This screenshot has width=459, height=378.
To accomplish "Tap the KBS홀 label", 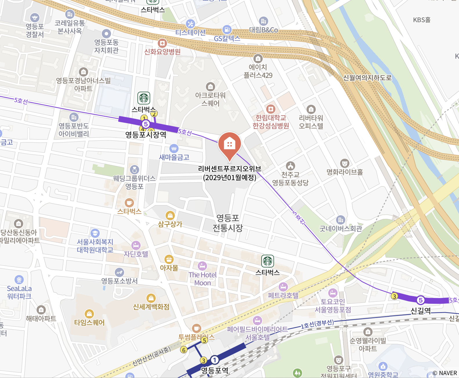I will point(422,20).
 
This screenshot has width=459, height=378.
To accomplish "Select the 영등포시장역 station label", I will point(146,135).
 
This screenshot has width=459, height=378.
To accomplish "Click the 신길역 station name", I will point(420,311).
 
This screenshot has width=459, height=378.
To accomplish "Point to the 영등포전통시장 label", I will point(228,223).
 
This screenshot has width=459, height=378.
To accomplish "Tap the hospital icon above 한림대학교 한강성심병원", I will point(271,109).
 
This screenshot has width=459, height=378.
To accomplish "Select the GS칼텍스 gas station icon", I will point(227,30).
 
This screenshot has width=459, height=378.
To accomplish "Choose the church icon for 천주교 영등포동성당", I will point(290,166).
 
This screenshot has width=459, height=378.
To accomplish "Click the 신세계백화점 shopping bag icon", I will point(151,298).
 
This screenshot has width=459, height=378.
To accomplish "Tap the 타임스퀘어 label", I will point(89,322).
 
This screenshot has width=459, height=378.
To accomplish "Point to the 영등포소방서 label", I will point(119,281).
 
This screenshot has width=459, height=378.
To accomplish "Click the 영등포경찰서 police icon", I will point(35,18).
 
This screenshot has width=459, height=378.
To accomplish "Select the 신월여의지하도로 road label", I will point(367,78).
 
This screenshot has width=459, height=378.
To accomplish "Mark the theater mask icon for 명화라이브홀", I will point(344,163).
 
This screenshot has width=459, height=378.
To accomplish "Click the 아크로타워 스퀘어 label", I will point(210,99).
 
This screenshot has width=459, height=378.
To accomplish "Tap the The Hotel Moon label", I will point(202,279).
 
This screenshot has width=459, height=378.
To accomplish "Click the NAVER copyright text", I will point(445,373).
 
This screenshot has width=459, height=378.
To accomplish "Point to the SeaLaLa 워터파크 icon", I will point(19,280).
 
